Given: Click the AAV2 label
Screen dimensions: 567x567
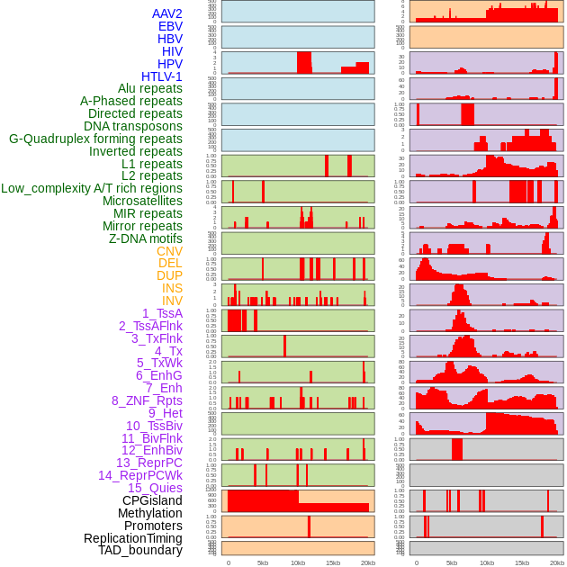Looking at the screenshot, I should (x=166, y=13).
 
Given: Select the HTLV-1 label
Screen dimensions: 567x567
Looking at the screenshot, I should (x=161, y=76).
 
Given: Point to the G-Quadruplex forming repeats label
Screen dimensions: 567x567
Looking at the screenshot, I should (x=95, y=139).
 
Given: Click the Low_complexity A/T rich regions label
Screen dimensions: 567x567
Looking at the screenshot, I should (x=92, y=188).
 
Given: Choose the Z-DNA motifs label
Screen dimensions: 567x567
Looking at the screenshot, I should (x=145, y=238).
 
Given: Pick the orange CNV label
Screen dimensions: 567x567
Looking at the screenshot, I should (x=169, y=251).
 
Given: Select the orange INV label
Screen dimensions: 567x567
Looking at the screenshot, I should (x=172, y=301).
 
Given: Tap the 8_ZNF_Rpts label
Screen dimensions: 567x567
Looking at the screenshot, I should (x=147, y=400).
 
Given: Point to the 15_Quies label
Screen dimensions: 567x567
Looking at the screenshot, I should (x=154, y=488).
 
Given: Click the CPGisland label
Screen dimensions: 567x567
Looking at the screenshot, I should (x=152, y=500).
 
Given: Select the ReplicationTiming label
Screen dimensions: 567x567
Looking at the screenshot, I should (x=132, y=538).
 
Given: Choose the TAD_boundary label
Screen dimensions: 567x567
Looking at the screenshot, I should (x=139, y=550).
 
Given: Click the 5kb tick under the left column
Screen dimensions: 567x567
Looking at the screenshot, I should (x=263, y=562).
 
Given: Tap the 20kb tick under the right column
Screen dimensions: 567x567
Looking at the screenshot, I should (x=557, y=562).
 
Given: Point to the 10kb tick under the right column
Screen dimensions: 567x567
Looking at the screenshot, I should (x=487, y=562).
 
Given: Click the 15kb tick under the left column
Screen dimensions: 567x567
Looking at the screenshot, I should (x=333, y=562).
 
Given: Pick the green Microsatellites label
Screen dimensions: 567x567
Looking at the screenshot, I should (x=142, y=201).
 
